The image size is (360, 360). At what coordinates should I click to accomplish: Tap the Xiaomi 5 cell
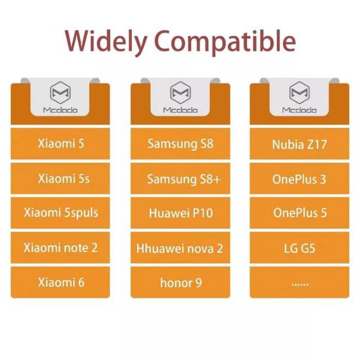point(60,143)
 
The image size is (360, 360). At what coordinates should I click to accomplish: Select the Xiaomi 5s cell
point(60,178)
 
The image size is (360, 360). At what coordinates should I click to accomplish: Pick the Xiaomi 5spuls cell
point(60,213)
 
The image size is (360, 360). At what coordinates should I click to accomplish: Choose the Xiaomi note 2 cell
point(60,247)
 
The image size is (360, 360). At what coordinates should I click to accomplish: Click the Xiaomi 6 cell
point(60,282)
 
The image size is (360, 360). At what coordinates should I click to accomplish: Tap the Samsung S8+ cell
point(180,178)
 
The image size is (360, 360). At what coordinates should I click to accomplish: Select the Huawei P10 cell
point(180,213)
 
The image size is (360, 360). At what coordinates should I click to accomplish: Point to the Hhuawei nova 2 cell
point(180,247)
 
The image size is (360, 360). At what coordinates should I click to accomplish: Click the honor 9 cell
point(180,282)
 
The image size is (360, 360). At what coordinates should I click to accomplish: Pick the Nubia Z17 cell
point(299,143)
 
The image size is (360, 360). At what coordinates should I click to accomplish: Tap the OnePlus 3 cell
point(299,178)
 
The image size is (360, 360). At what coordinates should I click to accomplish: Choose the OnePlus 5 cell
point(299,213)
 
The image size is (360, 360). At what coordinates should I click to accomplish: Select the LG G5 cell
point(299,247)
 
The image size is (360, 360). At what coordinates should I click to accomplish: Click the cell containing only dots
point(299,282)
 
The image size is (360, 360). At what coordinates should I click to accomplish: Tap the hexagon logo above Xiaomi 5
point(60,93)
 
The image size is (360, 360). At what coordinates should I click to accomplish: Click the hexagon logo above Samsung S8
point(180,93)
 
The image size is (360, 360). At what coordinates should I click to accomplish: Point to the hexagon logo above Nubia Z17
point(299,93)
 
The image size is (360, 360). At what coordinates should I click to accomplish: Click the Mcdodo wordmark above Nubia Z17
point(299,110)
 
